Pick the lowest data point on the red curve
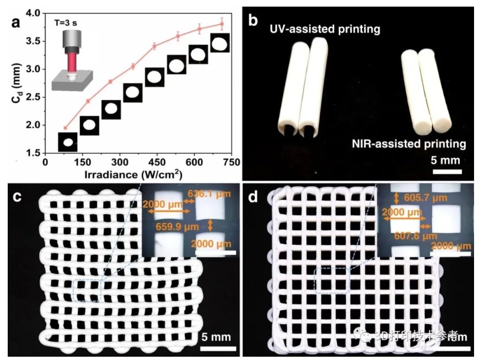65,128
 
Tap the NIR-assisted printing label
408,144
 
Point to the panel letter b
254,21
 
